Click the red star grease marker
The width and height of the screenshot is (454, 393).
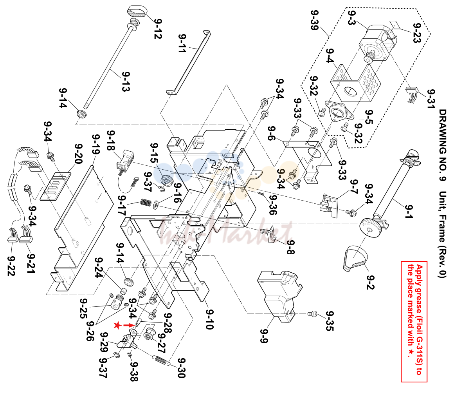(x=117, y=326)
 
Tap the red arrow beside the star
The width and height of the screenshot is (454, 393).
(x=130, y=325)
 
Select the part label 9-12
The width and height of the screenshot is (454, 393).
(x=158, y=29)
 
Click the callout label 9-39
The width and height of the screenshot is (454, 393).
(x=314, y=20)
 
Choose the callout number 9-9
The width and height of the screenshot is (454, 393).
(x=264, y=336)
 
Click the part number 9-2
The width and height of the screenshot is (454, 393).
(x=370, y=282)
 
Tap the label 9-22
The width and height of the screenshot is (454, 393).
(x=11, y=266)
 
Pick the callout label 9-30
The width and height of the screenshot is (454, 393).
(x=181, y=368)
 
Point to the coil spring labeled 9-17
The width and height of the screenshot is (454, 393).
(x=146, y=202)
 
